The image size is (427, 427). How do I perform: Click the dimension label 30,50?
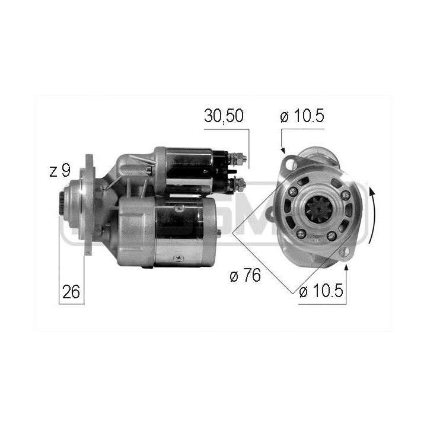(224, 116)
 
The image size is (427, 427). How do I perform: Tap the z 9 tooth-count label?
(60, 171)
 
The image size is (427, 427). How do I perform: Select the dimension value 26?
(71, 292)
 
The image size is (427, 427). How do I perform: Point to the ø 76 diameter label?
(245, 276)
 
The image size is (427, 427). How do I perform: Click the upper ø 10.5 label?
(302, 116)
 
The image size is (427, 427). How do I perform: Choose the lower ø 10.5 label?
(321, 292)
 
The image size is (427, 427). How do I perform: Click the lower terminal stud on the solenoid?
(241, 184)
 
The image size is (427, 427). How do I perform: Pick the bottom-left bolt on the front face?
(301, 234)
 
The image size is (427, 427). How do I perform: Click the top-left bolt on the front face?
(293, 192)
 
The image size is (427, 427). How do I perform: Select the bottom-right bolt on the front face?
(332, 236)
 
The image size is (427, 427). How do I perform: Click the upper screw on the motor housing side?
(179, 208)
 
